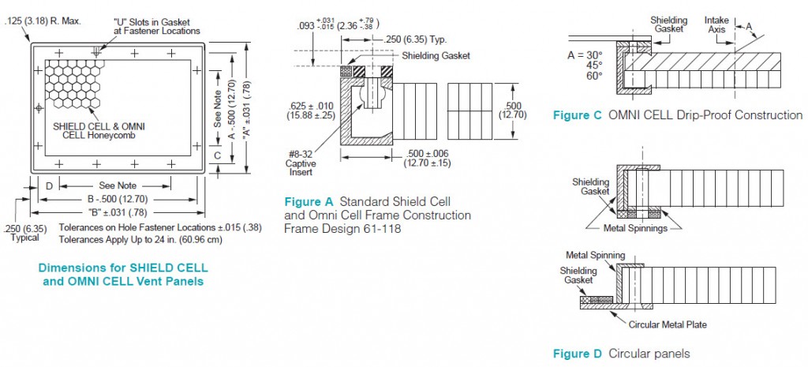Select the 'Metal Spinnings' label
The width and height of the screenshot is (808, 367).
pos(634,228)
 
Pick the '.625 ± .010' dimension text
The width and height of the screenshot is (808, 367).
pos(309,106)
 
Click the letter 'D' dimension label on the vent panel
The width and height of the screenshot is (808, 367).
pos(49,185)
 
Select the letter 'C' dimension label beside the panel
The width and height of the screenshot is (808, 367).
pos(217,155)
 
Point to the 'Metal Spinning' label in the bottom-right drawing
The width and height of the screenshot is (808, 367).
pos(596,255)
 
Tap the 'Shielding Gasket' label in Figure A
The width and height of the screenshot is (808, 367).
pos(436,55)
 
